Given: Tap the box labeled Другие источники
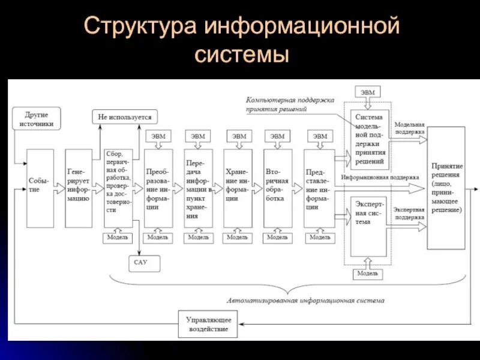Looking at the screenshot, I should coord(37,119).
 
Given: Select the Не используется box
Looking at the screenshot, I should coord(125,116).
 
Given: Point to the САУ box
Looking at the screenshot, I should coord(141,262).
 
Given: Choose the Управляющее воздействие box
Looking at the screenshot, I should coord(208,325).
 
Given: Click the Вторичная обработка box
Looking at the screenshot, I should coord(278,188).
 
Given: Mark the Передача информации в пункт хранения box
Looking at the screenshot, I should coord(198,188).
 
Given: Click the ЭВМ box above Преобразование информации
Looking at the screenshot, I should coord(158,136).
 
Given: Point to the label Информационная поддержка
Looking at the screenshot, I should coord(380,178).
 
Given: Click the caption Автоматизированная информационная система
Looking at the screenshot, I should coord(306,300).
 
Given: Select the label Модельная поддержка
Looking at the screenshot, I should coord(409,128).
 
